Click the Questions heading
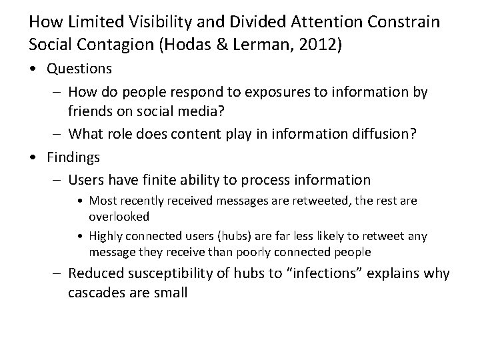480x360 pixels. pos(79,69)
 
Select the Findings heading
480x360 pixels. pos(73,157)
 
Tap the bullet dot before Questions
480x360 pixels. pos(33,69)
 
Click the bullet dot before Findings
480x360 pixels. pos(33,157)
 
